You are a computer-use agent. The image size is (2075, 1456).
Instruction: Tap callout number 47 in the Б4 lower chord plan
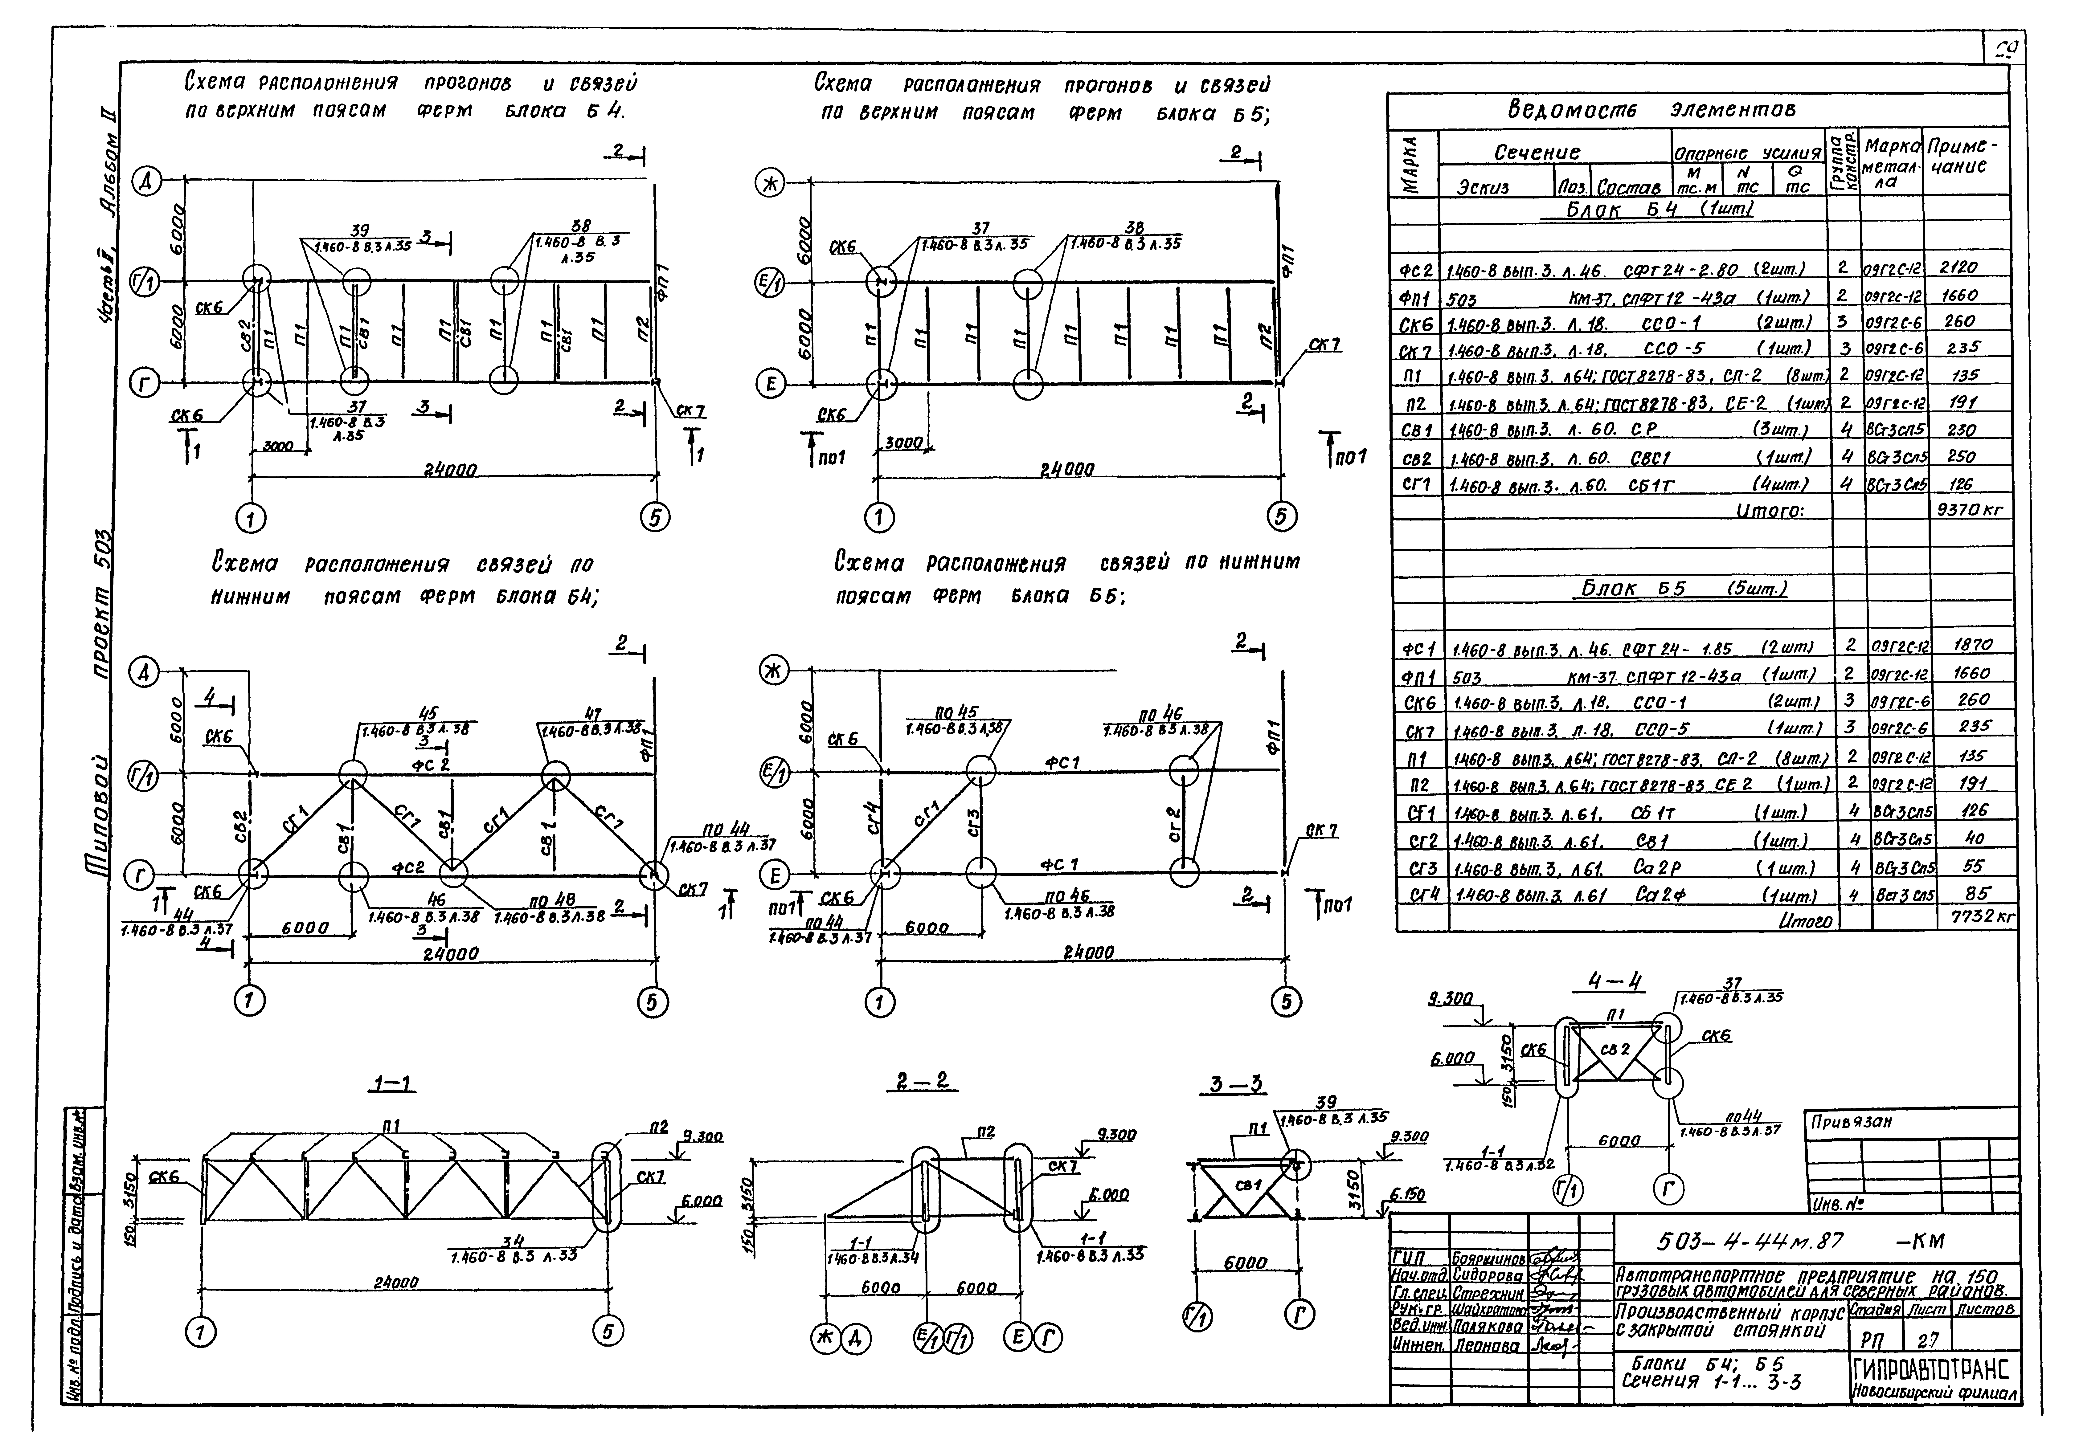click(x=593, y=714)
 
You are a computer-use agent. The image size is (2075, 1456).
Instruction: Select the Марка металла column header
click(x=1892, y=165)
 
